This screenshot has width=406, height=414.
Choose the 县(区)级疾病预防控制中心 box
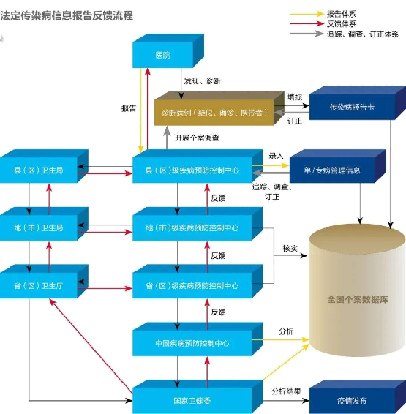pyautogui.click(x=192, y=170)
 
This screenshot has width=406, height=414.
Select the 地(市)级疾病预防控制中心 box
pyautogui.click(x=192, y=227)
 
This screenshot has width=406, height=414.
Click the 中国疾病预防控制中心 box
pyautogui.click(x=192, y=342)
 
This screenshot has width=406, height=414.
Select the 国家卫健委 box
pyautogui.click(x=192, y=401)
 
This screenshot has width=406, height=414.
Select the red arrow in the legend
pyautogui.click(x=306, y=23)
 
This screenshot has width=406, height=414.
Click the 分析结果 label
pyautogui.click(x=286, y=391)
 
